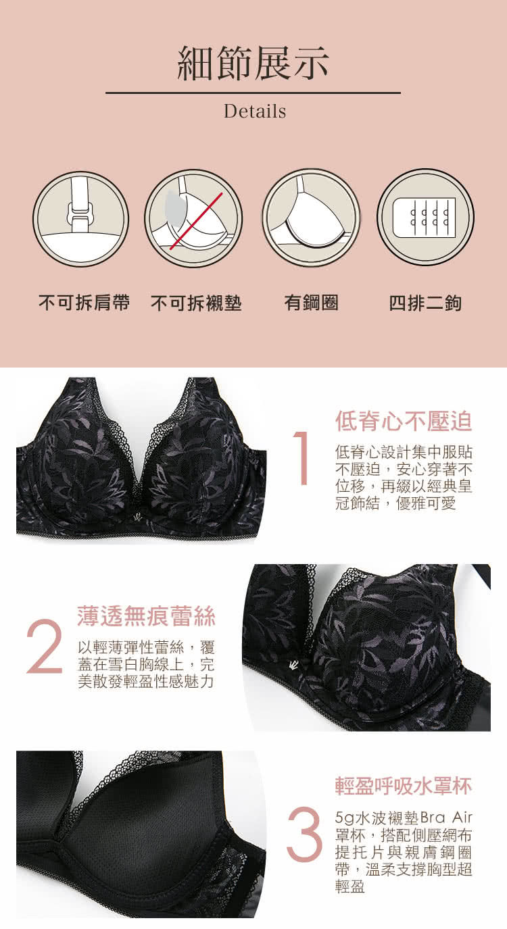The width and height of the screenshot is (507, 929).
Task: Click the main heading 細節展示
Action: pos(253,64)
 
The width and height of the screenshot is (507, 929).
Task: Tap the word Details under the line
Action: pos(255,111)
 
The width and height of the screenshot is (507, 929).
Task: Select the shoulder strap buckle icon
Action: pos(81,218)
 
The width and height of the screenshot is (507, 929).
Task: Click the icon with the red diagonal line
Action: pos(193,218)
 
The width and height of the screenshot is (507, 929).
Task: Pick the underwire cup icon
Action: pos(311,218)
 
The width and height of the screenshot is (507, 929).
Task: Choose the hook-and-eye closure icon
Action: pos(426,218)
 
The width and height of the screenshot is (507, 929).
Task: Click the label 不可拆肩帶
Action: pos(84,302)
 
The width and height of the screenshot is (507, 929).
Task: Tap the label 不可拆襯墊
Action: pos(196,302)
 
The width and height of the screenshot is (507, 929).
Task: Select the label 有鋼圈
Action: pos(312,302)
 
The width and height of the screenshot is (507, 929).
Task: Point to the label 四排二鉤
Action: pos(425,303)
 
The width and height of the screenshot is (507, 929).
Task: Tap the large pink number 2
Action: pos(45,646)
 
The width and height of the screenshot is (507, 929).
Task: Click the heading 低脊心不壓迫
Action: pos(404,421)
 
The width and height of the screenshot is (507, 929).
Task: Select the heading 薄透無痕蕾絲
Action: pos(147,616)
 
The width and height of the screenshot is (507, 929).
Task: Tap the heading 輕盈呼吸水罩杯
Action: pos(404,786)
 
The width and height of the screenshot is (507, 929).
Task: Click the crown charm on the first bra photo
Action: pos(137,517)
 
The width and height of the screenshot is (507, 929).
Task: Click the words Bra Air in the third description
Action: pos(446,818)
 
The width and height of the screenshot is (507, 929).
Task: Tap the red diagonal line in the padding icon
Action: pos(196,221)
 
